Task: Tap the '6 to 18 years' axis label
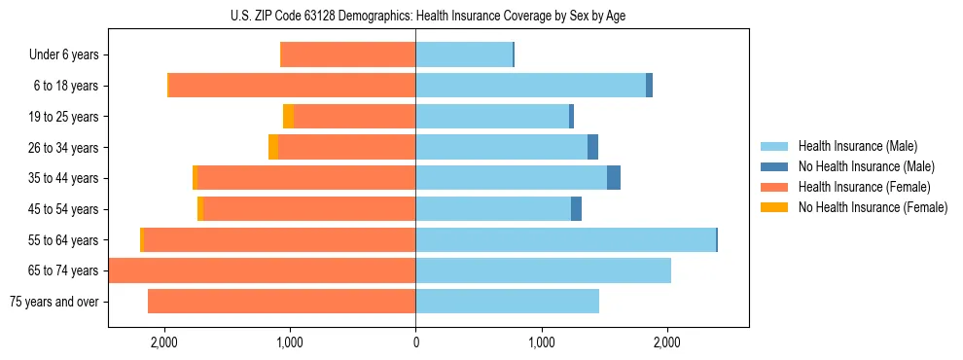click(x=66, y=86)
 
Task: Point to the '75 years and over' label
click(x=53, y=302)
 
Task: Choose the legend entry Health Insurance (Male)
click(x=857, y=146)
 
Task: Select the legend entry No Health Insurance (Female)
click(x=873, y=207)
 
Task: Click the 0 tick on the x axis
click(x=415, y=342)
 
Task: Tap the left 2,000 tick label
click(x=163, y=342)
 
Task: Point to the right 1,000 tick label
click(x=541, y=342)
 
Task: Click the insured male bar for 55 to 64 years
click(x=565, y=239)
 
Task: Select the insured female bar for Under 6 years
click(x=347, y=54)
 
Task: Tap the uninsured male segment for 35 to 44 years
click(x=614, y=178)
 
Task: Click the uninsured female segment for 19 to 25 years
click(x=288, y=117)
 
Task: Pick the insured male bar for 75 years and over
click(x=507, y=302)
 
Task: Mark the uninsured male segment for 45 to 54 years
click(x=576, y=209)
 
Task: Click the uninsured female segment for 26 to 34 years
click(x=273, y=147)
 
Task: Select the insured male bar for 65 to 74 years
click(x=543, y=270)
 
